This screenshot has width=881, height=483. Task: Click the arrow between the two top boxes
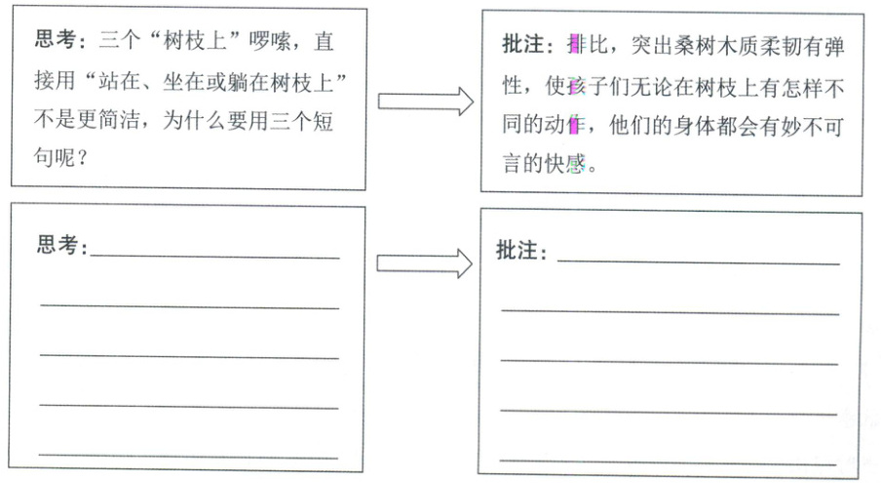(x=425, y=101)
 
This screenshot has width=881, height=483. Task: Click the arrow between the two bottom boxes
(x=425, y=262)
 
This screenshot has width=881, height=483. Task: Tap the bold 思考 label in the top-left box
(x=55, y=42)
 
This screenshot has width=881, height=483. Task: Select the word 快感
(x=573, y=165)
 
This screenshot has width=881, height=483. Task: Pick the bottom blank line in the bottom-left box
(x=189, y=456)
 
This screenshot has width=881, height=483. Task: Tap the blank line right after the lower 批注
(x=698, y=262)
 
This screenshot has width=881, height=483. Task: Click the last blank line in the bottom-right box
(x=670, y=459)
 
